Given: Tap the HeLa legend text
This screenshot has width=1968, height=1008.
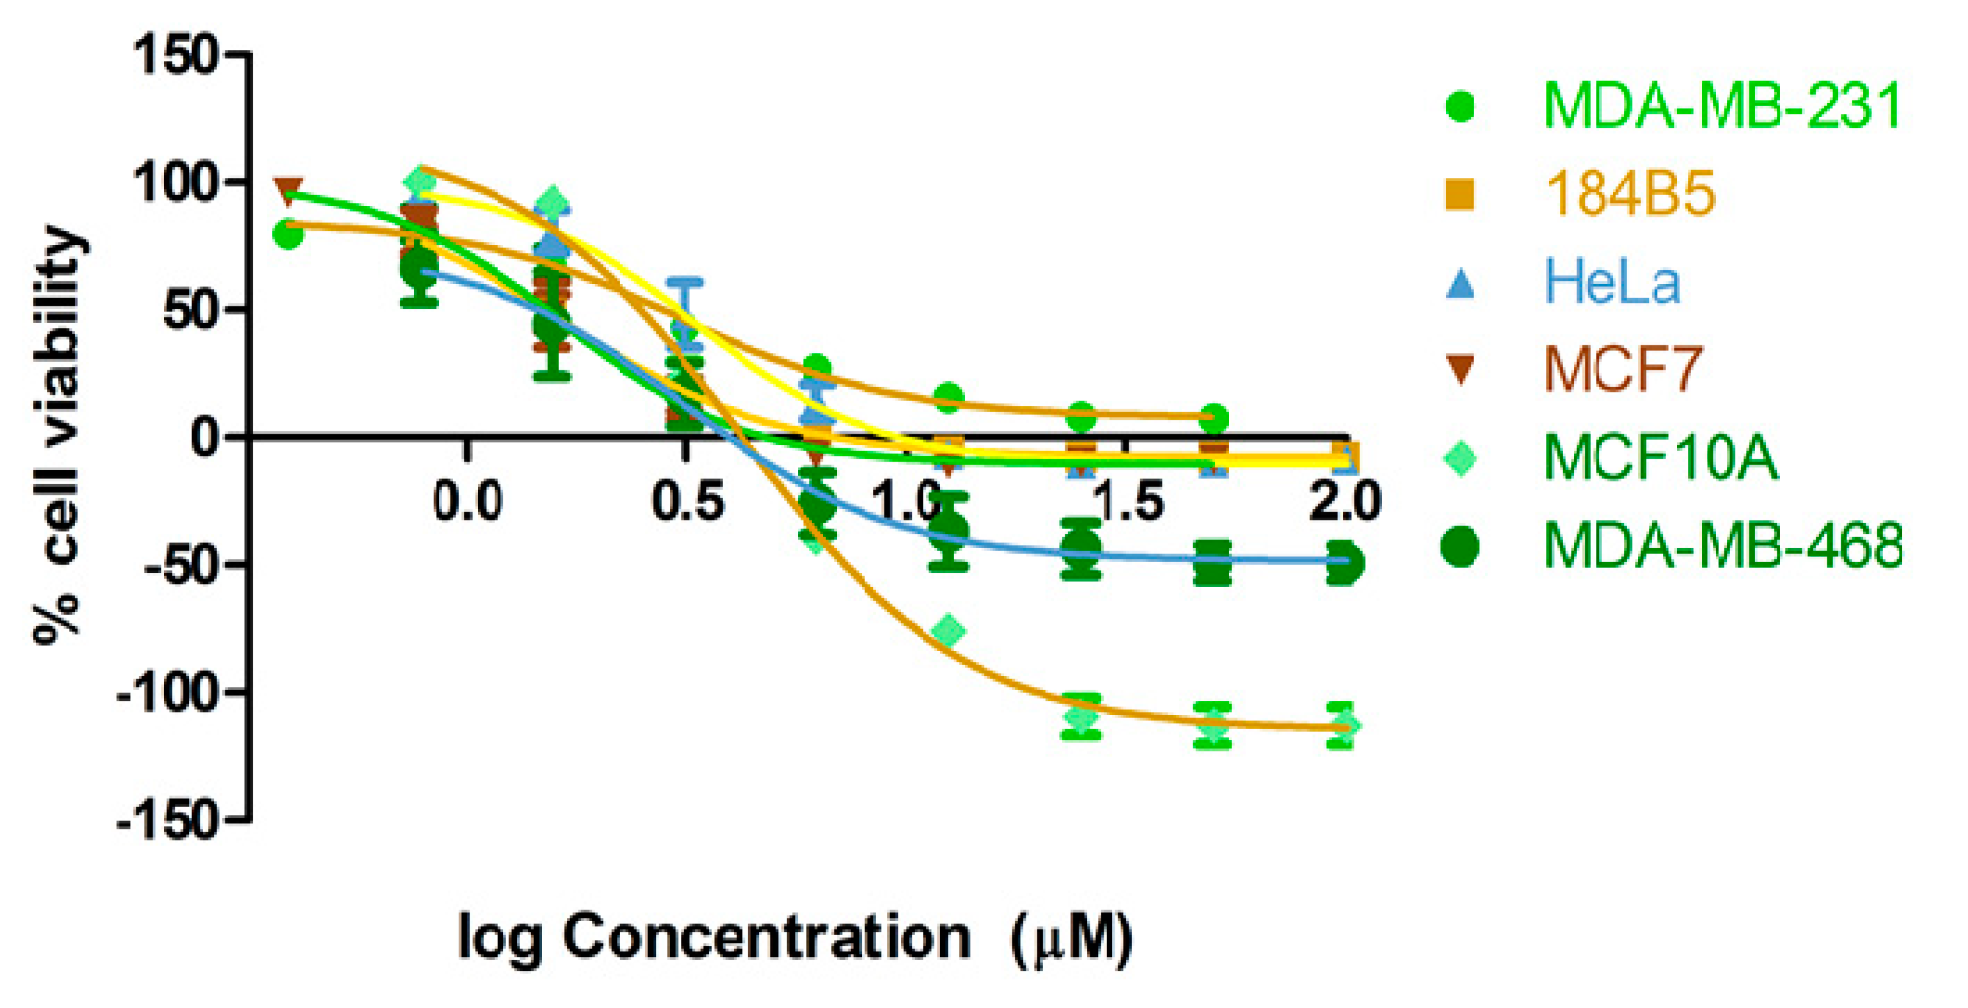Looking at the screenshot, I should (1612, 283).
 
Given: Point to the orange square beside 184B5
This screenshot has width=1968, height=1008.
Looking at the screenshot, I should (1460, 194).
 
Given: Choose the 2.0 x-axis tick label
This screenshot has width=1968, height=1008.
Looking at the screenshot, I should (1346, 502).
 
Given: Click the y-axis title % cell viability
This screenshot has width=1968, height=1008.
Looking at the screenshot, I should (57, 435).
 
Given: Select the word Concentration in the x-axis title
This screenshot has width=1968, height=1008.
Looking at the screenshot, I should (767, 937).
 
